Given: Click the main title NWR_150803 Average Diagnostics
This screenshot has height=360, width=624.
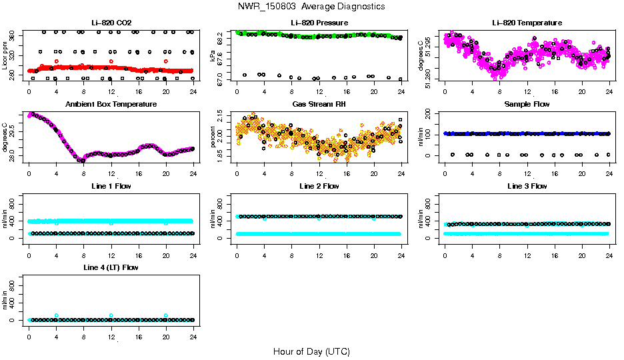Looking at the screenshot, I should [x=311, y=7].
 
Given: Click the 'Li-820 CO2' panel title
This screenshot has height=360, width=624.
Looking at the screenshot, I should [x=111, y=23].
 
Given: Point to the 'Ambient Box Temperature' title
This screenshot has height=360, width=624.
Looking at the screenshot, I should [x=111, y=105].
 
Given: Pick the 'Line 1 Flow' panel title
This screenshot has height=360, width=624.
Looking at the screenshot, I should [x=111, y=186].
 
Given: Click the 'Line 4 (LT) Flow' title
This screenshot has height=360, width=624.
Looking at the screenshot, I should [x=111, y=267].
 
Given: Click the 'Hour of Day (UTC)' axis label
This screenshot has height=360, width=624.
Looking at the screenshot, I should [x=311, y=351].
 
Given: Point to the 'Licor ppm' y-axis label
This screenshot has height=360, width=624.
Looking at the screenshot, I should [x=5, y=55].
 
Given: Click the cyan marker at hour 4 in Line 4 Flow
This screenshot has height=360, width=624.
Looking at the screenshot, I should [x=57, y=315].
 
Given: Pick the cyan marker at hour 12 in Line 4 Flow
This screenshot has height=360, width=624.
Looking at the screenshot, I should [x=111, y=315].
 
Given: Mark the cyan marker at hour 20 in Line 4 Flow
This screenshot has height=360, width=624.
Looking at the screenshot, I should [x=166, y=315].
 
